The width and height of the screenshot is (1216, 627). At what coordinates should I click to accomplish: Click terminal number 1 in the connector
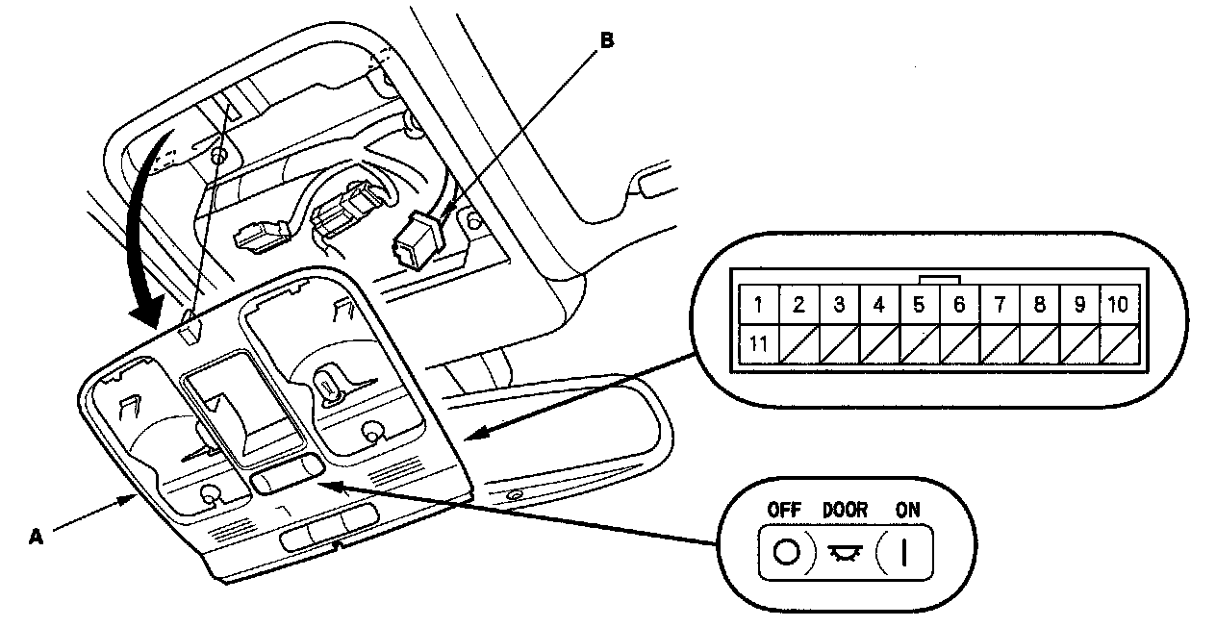758,306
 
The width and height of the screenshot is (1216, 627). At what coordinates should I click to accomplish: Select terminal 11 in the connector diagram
758,343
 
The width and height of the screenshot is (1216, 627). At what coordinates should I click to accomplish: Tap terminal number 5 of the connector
919,306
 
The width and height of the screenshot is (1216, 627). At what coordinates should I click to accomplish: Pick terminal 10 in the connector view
1117,306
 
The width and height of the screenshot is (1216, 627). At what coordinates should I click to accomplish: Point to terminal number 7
1000,306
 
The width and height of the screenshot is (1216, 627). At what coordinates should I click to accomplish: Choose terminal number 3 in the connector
839,306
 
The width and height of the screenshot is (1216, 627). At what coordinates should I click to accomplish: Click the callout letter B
605,40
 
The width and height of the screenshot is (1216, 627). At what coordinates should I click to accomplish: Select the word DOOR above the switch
845,511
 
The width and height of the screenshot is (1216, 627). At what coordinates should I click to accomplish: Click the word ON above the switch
906,511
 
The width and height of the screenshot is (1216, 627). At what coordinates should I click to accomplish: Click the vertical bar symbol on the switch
904,554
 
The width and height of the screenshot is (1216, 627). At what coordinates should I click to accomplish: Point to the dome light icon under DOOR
845,555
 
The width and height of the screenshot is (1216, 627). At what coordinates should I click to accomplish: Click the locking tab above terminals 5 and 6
939,280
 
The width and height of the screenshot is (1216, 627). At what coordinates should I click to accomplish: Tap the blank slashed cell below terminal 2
798,343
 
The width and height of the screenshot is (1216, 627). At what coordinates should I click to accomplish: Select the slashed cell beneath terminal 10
1117,343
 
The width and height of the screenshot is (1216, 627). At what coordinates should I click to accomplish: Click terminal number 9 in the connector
1079,306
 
